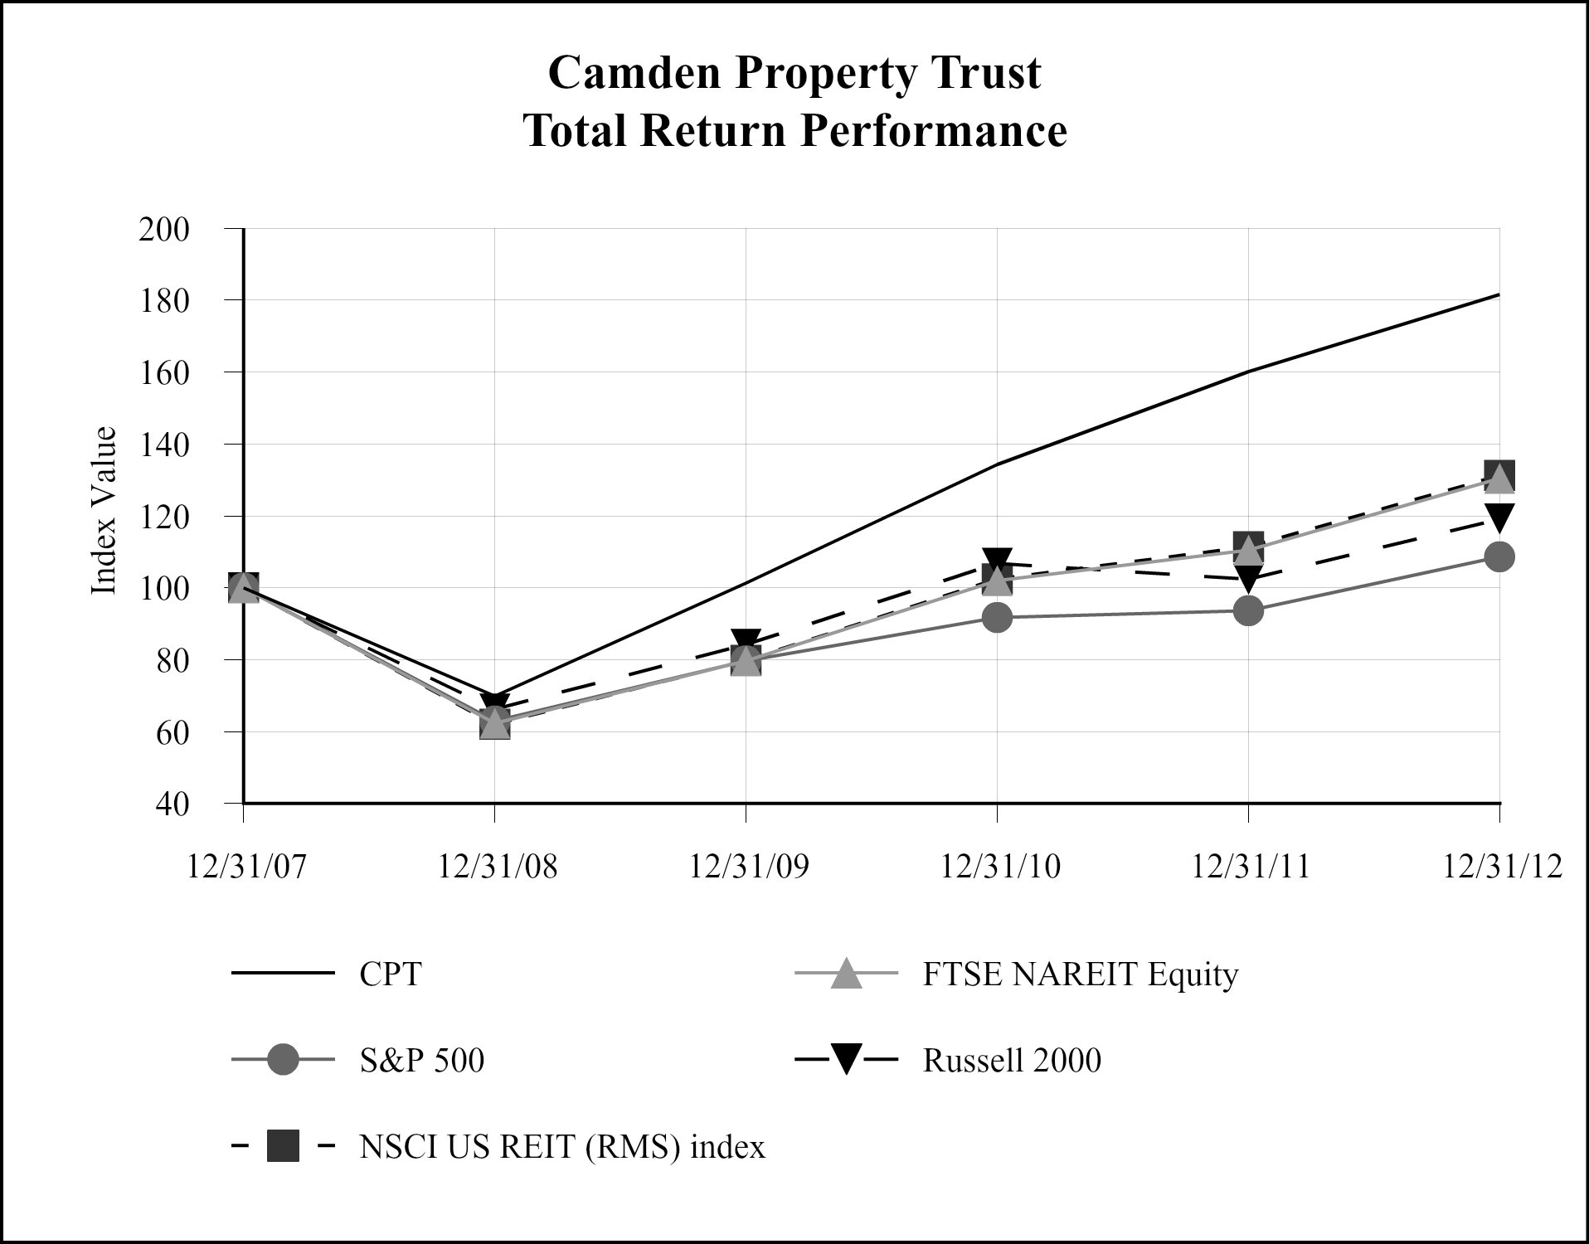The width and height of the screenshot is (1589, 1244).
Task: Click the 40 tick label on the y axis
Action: click(174, 804)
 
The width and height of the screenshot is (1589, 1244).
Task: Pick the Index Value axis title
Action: click(103, 511)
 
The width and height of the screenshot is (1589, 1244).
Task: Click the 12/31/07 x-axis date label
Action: click(246, 867)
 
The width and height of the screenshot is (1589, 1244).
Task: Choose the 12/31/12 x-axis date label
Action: click(1502, 867)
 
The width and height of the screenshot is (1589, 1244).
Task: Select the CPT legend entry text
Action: click(391, 974)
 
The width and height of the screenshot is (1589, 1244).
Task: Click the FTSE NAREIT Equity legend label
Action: click(1080, 974)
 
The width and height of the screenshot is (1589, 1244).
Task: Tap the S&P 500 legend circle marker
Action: click(283, 1061)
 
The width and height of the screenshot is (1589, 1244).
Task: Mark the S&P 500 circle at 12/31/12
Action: click(1499, 556)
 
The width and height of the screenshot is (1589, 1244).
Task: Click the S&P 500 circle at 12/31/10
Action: click(997, 617)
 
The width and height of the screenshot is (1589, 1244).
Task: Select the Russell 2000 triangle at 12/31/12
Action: click(1499, 517)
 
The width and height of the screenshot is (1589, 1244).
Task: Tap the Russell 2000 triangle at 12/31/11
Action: click(1248, 578)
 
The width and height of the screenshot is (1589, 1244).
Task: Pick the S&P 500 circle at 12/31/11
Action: click(1248, 611)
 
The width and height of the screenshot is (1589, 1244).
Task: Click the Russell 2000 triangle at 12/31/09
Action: click(746, 640)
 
